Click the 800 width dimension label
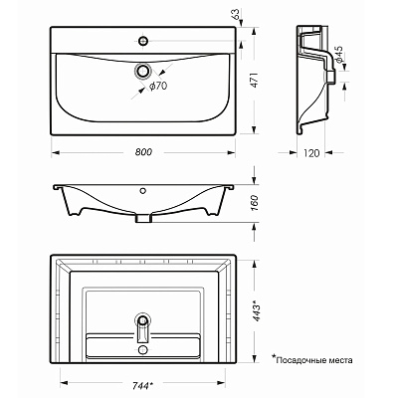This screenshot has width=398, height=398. click(143, 152)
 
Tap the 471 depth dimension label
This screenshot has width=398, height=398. click(254, 80)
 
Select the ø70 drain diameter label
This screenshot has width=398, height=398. click(158, 86)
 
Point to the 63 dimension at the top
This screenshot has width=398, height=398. click(235, 15)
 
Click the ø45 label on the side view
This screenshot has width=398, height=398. click(339, 55)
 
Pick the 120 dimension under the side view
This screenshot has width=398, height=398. click(311, 153)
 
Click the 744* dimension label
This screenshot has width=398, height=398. click(142, 385)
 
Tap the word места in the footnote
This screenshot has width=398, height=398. click(342, 360)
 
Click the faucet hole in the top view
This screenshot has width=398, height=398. click(143, 41)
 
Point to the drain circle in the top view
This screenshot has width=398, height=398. click(143, 71)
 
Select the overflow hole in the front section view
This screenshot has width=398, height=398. click(143, 190)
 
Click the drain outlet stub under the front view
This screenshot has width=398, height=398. click(143, 218)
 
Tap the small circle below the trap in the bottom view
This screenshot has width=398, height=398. click(143, 349)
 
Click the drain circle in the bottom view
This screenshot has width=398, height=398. click(143, 320)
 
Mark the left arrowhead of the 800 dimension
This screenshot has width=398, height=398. click(56, 152)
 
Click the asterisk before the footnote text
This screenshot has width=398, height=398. click(274, 357)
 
